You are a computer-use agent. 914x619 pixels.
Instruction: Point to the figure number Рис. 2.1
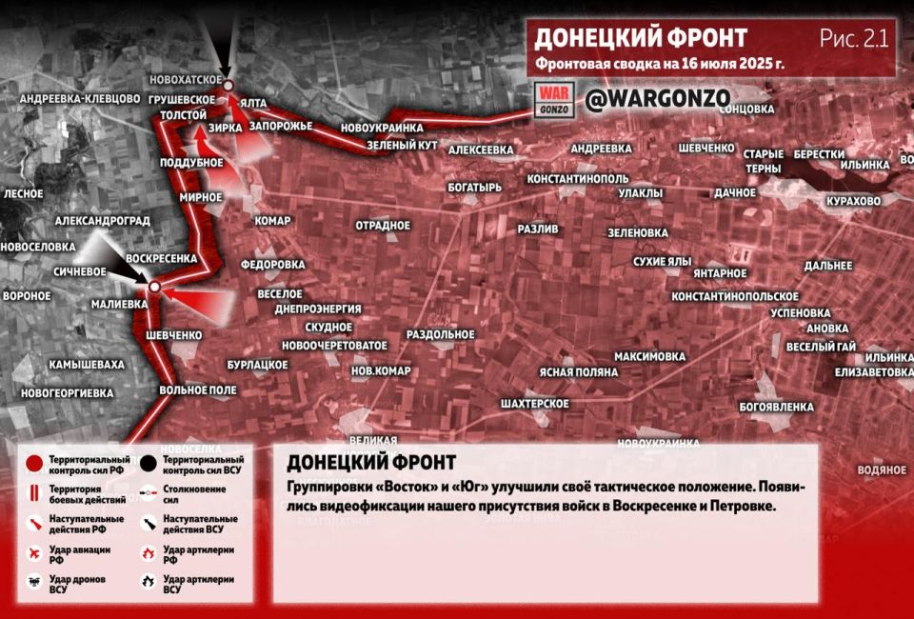[853, 38]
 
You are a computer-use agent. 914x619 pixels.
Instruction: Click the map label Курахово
[854, 202]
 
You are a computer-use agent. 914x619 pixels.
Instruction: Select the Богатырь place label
[474, 188]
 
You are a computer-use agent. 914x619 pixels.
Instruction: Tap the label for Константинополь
[578, 179]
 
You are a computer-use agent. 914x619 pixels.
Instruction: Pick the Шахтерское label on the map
[536, 404]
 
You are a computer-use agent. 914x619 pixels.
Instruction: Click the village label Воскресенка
[162, 258]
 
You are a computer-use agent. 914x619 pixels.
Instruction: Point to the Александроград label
[103, 220]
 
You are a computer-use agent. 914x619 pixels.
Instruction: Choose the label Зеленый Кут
[402, 145]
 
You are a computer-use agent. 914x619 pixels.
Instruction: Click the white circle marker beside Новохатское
[228, 87]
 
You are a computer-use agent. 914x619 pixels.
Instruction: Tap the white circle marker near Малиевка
[153, 285]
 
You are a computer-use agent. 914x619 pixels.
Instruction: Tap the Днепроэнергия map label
[317, 309]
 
